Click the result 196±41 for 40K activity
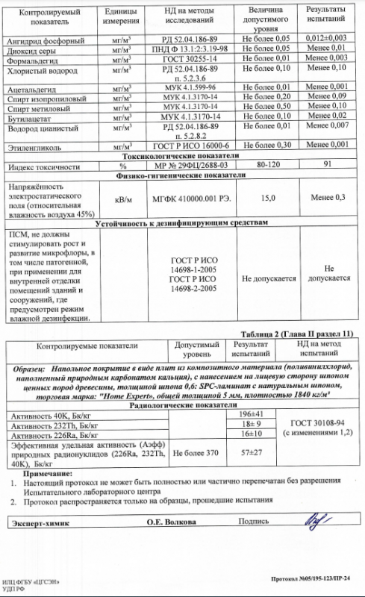tap(249, 414)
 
